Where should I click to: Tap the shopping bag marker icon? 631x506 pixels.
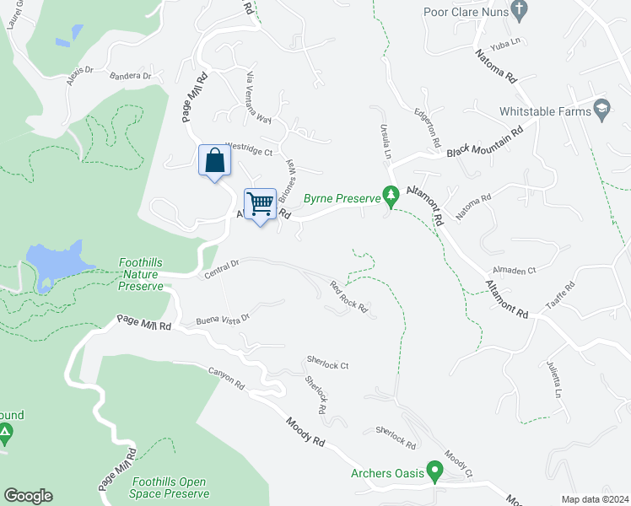pos(214,160)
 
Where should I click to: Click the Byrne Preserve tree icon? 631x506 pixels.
pos(391,196)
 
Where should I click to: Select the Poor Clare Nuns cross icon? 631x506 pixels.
pos(520,10)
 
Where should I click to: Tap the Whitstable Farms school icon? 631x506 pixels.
pos(601,110)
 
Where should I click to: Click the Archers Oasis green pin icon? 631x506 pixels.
pos(435,471)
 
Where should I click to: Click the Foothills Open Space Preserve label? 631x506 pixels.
pos(170,487)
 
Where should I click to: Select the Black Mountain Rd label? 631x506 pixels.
pos(485,141)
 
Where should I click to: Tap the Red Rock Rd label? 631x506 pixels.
pos(348,297)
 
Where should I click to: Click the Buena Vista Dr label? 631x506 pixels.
pos(224,319)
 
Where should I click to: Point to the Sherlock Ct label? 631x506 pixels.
pos(327,365)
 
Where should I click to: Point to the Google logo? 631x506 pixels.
pos(28,496)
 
